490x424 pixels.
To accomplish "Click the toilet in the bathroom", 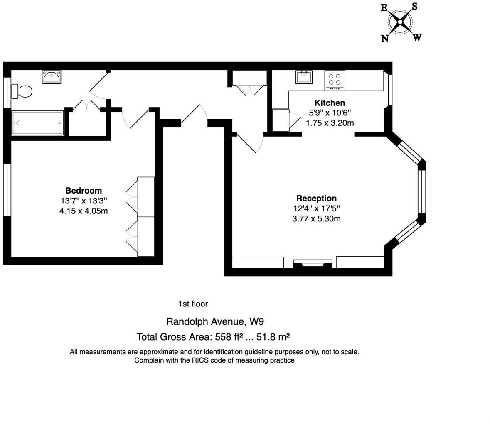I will [x=23, y=91].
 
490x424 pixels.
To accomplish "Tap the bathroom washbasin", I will [x=52, y=77].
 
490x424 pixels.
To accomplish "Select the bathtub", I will [x=38, y=123].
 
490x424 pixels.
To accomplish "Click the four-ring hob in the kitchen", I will [x=335, y=80].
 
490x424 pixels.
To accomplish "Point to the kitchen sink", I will [x=304, y=77].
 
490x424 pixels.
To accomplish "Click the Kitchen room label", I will [x=330, y=103].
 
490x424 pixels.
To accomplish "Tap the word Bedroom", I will [x=84, y=191].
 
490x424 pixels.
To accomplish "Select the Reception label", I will [x=316, y=199].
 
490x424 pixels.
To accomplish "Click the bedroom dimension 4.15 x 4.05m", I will [x=84, y=211].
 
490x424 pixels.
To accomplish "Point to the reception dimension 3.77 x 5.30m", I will [x=316, y=219].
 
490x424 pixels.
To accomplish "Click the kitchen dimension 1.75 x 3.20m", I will [x=330, y=123].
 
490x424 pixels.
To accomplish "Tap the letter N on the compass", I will [x=385, y=39].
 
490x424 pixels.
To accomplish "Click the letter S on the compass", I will [x=414, y=7].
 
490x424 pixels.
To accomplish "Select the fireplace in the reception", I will [x=313, y=264].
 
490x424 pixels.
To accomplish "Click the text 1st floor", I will [x=193, y=304].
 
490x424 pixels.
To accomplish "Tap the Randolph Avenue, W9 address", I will [x=215, y=321].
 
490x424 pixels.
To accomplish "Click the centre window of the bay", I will [x=422, y=191].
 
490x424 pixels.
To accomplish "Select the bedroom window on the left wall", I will [x=7, y=190].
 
